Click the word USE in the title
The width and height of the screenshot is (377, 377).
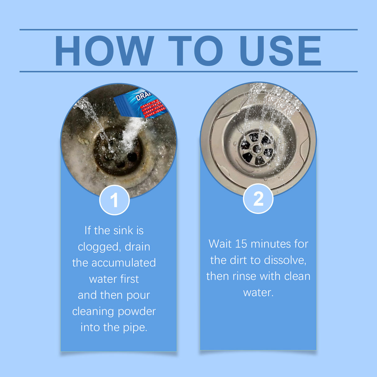280,51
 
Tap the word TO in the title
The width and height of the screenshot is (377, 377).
195,51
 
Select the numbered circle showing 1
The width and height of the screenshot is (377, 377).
114,200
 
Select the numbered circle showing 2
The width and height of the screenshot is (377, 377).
258,199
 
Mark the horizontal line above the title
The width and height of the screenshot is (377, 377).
188,30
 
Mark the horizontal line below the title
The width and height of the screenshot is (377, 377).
188,71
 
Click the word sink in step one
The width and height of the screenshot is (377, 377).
123,231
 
